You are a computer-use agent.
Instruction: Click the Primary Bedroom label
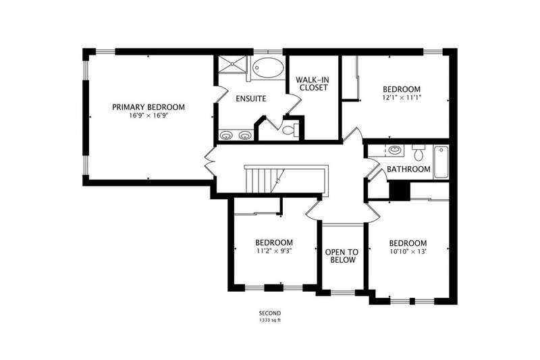pos(148,107)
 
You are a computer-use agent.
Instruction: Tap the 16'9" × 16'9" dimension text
pos(148,115)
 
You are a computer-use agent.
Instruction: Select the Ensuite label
pos(251,99)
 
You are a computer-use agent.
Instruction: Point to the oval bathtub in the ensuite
pos(268,68)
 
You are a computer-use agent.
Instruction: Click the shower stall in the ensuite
pos(233,64)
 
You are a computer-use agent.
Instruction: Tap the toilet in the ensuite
pos(290,130)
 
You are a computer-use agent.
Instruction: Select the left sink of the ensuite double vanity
pos(225,135)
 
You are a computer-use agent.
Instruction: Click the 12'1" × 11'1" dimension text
pos(402,97)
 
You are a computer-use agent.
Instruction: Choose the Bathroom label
pos(408,169)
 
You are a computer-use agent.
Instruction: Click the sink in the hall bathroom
pos(395,150)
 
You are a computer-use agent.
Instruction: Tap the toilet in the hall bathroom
pos(418,153)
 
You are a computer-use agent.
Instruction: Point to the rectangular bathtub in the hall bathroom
pos(441,162)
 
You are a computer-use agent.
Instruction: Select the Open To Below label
pos(342,256)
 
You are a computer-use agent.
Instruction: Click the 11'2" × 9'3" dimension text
pos(274,251)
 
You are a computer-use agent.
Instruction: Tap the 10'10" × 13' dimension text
pos(408,251)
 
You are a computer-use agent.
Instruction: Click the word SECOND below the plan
pos(270,313)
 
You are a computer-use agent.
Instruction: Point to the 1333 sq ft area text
pos(270,320)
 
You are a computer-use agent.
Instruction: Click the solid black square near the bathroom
pos(400,190)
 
